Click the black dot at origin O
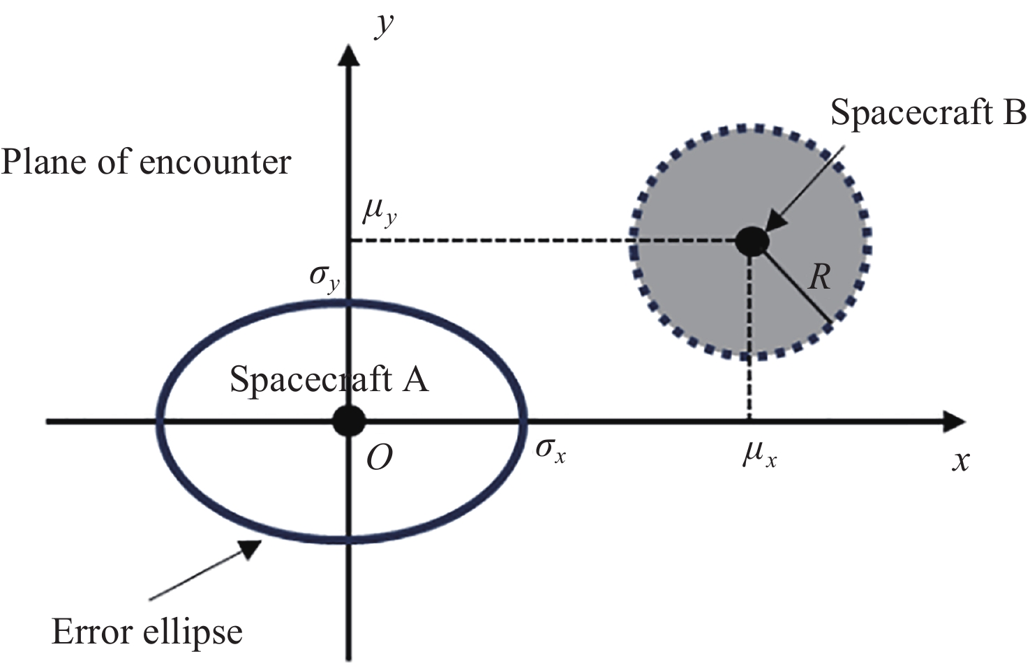pyautogui.click(x=348, y=421)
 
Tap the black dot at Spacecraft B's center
pyautogui.click(x=752, y=241)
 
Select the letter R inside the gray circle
pyautogui.click(x=819, y=277)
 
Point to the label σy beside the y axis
pyautogui.click(x=324, y=277)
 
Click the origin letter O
pyautogui.click(x=379, y=458)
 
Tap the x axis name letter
pyautogui.click(x=961, y=461)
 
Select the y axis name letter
pyautogui.click(x=383, y=26)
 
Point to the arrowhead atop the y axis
pyautogui.click(x=348, y=54)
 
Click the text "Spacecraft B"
pyautogui.click(x=927, y=113)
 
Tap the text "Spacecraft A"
pyautogui.click(x=329, y=380)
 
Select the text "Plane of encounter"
pyautogui.click(x=145, y=162)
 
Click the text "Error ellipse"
pyautogui.click(x=147, y=632)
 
